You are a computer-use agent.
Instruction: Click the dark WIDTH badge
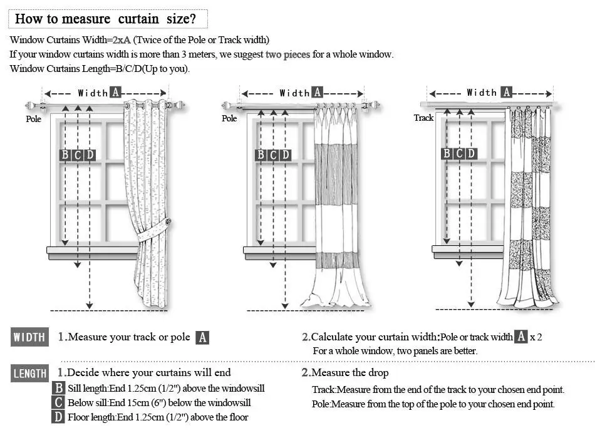click(x=29, y=338)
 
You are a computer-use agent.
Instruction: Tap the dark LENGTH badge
click(x=29, y=374)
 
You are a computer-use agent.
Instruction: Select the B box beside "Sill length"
click(x=58, y=389)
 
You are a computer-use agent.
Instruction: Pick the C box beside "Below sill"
click(x=58, y=403)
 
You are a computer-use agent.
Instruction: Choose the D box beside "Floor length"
click(x=58, y=417)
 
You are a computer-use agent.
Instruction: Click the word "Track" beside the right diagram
click(x=423, y=118)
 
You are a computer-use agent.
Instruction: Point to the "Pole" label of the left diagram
click(x=33, y=119)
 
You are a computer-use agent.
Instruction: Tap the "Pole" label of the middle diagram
click(x=229, y=118)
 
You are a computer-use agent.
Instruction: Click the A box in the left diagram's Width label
click(x=115, y=93)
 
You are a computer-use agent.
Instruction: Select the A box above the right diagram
click(x=507, y=92)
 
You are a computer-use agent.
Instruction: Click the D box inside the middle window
click(x=286, y=155)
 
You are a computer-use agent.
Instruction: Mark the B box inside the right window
click(x=447, y=153)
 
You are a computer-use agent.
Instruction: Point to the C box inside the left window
click(x=78, y=155)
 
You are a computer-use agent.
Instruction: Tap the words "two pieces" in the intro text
click(x=287, y=54)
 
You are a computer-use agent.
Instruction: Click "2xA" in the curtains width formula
click(x=122, y=40)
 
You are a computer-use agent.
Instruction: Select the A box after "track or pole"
click(x=202, y=338)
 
